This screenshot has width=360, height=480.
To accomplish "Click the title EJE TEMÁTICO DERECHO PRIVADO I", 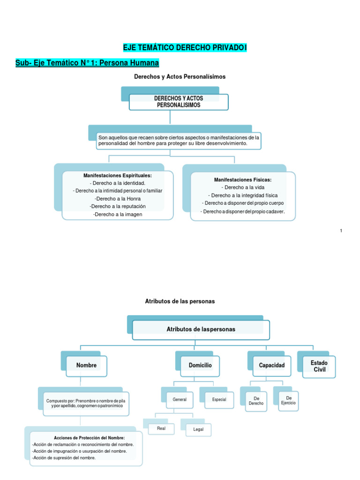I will click(185, 47).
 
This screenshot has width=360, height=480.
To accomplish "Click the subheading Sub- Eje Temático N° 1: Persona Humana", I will click(87, 62).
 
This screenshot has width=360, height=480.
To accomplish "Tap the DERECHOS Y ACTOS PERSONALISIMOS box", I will click(179, 102).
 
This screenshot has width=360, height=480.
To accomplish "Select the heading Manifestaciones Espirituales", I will click(118, 175).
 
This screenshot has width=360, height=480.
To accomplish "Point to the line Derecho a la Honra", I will click(118, 198).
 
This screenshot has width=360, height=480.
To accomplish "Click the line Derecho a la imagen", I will click(118, 214).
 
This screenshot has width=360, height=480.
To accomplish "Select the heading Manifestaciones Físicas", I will click(243, 180).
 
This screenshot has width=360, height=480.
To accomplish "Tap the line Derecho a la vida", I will click(243, 187).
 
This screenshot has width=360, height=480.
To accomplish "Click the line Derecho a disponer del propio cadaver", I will click(243, 211).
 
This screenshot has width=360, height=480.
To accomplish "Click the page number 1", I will click(341, 231).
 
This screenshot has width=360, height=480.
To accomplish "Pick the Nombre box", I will click(87, 365).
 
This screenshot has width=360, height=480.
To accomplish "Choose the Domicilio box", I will click(200, 365).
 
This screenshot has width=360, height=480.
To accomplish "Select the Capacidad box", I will click(272, 365).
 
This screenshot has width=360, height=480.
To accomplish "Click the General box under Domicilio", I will click(180, 400).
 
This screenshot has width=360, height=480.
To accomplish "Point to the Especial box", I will click(219, 400).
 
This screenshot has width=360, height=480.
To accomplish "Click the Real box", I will click(161, 428).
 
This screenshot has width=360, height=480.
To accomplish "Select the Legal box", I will click(198, 429).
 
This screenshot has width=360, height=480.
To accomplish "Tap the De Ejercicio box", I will click(288, 400).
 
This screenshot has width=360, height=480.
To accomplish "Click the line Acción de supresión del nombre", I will click(64, 457).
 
